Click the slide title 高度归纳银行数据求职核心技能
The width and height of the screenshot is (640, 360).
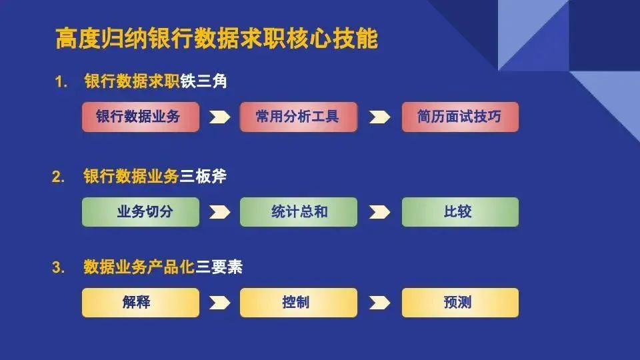pos(217,39)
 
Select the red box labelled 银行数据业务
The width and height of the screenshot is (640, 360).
pos(141,117)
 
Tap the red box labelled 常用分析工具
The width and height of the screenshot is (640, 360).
pos(299,117)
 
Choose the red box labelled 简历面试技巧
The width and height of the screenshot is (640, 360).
pos(460,117)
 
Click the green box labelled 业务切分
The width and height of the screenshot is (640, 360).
pos(141,212)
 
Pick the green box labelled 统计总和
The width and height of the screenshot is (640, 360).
pos(299,212)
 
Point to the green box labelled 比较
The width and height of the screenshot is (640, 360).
pos(460,212)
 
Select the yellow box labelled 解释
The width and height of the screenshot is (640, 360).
pos(141,303)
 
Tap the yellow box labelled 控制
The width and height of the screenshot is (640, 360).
pos(299,303)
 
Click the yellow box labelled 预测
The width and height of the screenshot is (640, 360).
pos(460,303)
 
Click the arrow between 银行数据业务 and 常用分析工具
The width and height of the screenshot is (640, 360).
pos(219,117)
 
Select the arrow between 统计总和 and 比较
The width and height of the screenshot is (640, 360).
pos(379,212)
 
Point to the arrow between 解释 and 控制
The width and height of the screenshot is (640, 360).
pos(219,303)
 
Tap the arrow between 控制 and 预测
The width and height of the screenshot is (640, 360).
pos(379,303)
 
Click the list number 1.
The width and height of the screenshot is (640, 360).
pos(61,82)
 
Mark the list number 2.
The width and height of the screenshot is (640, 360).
pos(59,177)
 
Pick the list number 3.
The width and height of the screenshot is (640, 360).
pos(59,268)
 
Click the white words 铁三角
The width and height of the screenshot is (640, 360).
pos(204,81)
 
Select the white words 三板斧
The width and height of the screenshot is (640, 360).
pos(203,176)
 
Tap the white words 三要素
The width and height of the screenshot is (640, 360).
pos(219,267)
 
